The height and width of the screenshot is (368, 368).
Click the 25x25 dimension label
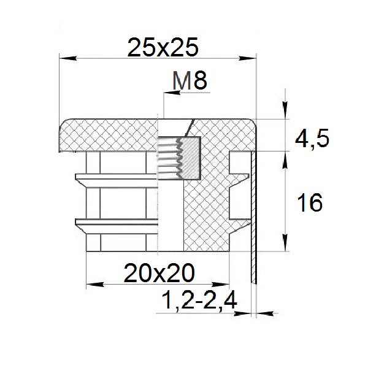click(163, 47)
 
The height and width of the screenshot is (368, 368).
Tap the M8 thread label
click(190, 81)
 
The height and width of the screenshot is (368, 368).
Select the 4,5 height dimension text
click(312, 139)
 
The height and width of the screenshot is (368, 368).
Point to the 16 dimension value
click(310, 202)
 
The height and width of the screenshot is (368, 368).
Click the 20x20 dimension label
click(159, 273)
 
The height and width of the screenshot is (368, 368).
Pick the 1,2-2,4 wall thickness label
click(199, 300)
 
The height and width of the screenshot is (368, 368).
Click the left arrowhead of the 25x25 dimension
click(68, 58)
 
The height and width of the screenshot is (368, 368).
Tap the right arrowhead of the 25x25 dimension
click(247, 58)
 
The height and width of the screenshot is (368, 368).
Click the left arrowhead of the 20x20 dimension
click(95, 285)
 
